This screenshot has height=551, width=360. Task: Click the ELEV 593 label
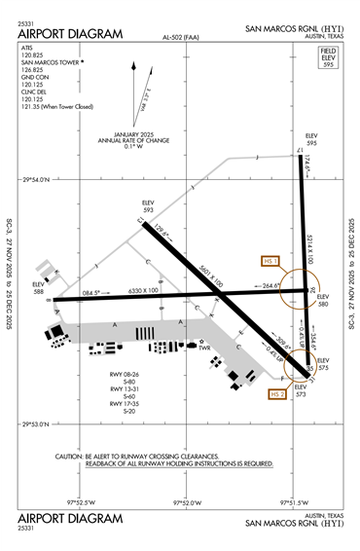click(149, 206)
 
